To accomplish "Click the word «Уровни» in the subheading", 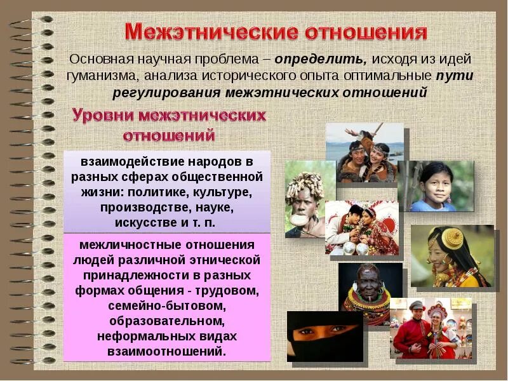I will tap(101, 116).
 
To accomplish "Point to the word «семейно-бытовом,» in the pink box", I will tap(168, 306).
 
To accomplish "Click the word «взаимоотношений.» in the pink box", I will tap(168, 351).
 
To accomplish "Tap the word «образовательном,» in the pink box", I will tap(168, 321).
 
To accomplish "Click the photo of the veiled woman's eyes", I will tap(324, 335).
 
